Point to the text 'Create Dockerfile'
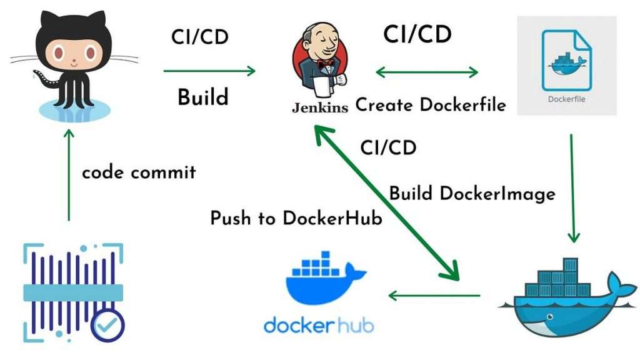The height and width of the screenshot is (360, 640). (431, 105)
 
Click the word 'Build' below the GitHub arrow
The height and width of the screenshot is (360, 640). (202, 97)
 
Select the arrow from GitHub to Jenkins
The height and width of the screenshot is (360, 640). (209, 71)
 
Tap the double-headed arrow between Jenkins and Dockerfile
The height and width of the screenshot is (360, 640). (427, 72)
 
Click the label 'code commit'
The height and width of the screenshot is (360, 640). (139, 172)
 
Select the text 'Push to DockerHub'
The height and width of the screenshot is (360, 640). (296, 219)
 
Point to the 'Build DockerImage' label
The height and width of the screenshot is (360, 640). (472, 193)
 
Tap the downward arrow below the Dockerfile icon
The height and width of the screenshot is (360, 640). (572, 187)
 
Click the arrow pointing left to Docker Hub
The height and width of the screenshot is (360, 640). (434, 294)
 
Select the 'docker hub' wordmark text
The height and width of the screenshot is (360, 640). (320, 325)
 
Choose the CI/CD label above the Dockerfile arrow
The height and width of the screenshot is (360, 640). (417, 34)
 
